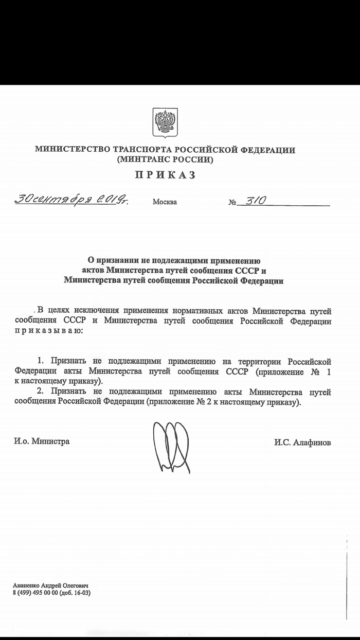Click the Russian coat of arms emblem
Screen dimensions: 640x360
point(165,122)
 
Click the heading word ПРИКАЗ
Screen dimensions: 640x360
point(165,175)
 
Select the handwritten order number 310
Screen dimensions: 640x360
point(255,201)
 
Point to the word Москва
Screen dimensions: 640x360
point(165,202)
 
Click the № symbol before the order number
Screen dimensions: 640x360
point(232,202)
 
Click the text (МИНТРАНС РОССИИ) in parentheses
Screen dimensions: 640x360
point(165,159)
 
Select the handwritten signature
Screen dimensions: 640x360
point(172,446)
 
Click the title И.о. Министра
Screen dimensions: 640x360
point(42,441)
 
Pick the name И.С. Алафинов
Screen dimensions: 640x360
point(302,442)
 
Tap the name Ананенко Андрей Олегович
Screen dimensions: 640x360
point(51,586)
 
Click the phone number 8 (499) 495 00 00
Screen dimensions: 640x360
point(36,593)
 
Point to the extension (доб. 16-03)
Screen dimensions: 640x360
point(75,593)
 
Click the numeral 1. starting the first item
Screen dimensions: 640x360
point(41,361)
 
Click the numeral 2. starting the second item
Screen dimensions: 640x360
point(41,393)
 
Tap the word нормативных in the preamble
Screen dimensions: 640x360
point(195,311)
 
